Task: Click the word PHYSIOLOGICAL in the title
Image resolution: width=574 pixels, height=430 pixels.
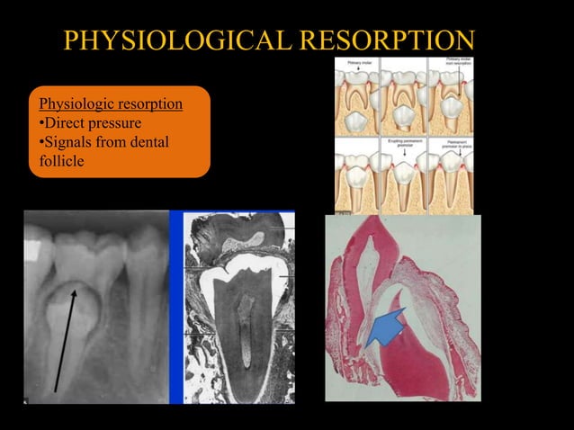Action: [x=176, y=40]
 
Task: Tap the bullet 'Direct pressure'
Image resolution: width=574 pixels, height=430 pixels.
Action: [x=89, y=122]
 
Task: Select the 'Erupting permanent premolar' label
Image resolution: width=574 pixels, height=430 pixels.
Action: [x=403, y=142]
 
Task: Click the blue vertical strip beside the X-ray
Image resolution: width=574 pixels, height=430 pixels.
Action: [x=176, y=306]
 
